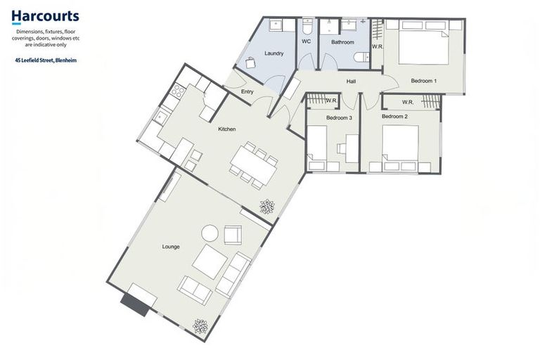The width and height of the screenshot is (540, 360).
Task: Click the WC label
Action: pyautogui.click(x=306, y=42)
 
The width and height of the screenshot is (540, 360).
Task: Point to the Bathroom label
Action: pyautogui.click(x=342, y=42)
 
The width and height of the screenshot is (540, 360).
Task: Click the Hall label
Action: pyautogui.click(x=351, y=82)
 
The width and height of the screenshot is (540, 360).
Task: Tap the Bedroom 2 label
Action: pyautogui.click(x=394, y=115)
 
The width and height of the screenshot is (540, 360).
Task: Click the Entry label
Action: pyautogui.click(x=247, y=92)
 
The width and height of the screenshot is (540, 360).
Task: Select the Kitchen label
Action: pyautogui.click(x=226, y=129)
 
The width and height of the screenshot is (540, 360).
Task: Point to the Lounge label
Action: pyautogui.click(x=170, y=247)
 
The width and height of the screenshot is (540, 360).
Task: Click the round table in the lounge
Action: pyautogui.click(x=210, y=233)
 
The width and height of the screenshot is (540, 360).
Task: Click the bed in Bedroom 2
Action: pyautogui.click(x=399, y=147)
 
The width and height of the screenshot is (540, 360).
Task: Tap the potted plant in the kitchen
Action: pyautogui.click(x=267, y=207)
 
